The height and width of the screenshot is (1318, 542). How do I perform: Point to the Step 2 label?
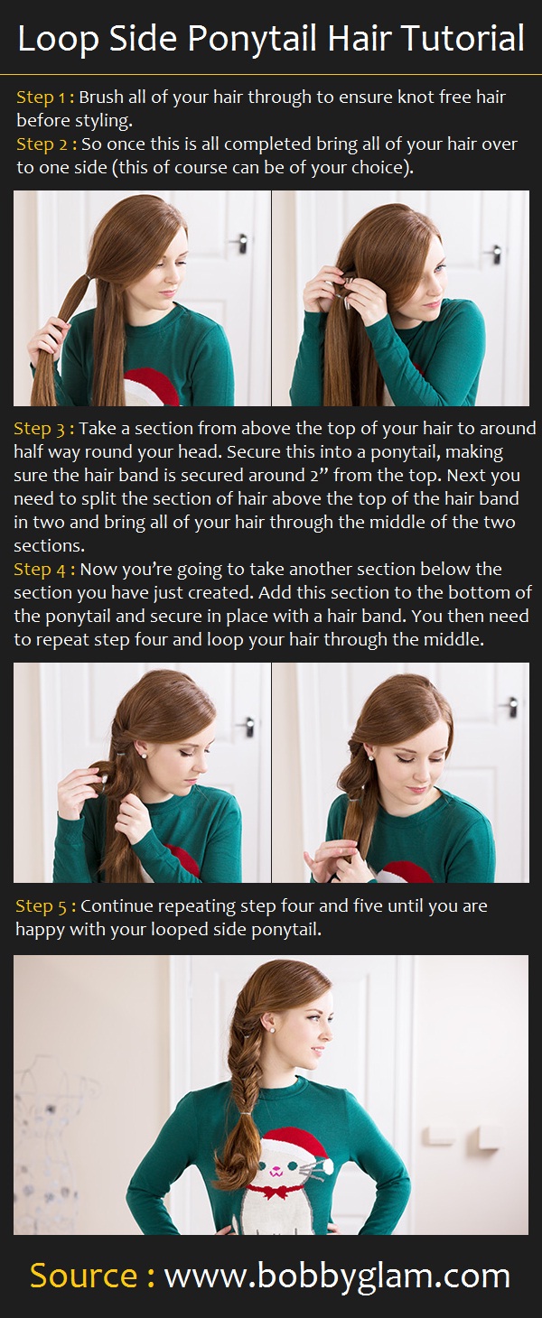pos(44,144)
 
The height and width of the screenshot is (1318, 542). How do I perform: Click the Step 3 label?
pos(42,429)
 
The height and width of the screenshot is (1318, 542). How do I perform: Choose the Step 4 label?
pos(42,570)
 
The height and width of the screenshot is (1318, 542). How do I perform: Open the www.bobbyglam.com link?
pos(337,1276)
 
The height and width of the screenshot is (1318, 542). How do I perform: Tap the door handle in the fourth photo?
pos(511,705)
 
